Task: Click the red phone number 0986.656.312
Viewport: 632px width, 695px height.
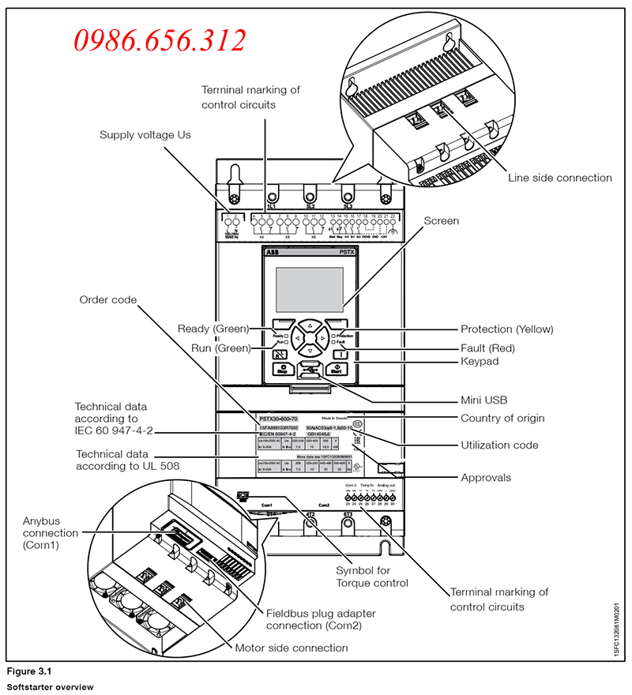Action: (x=160, y=39)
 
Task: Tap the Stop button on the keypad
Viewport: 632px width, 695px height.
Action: (x=282, y=368)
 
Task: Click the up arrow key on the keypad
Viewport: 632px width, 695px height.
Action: (x=310, y=325)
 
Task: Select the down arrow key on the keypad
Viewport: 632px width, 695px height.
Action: (x=310, y=351)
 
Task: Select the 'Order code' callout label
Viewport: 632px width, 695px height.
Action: (x=107, y=300)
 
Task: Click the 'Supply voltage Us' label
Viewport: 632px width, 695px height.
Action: (x=145, y=135)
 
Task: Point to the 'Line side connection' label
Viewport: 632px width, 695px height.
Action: (x=560, y=178)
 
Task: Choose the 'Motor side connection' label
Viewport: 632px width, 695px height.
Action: (x=292, y=648)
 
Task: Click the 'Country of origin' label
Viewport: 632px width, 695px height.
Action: (x=502, y=418)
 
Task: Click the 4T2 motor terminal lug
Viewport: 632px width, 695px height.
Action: (x=310, y=519)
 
